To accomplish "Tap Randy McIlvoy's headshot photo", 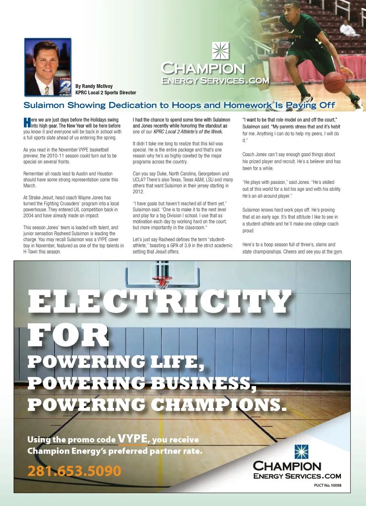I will pyautogui.click(x=48, y=67).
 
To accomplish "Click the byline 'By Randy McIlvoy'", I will pyautogui.click(x=94, y=86).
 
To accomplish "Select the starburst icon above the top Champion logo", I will pyautogui.click(x=220, y=51).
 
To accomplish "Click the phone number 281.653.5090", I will pyautogui.click(x=74, y=471).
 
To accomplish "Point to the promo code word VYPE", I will pyautogui.click(x=132, y=439).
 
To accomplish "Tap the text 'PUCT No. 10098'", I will pyautogui.click(x=327, y=485).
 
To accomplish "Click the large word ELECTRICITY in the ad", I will pyautogui.click(x=160, y=301).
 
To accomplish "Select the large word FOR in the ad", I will pyautogui.click(x=68, y=335).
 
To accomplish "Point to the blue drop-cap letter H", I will pyautogui.click(x=27, y=122).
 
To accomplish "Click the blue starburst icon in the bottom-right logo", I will pyautogui.click(x=301, y=451).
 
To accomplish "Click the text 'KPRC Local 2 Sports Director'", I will pyautogui.click(x=106, y=93).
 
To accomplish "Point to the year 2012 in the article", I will pyautogui.click(x=138, y=192).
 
